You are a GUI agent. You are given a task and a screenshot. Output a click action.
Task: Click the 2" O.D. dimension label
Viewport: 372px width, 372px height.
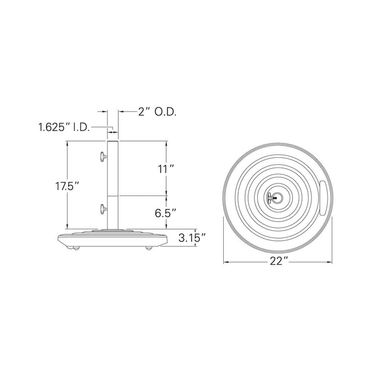tap(157, 112)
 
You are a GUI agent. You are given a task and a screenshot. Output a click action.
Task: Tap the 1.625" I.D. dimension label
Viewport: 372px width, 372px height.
tap(63, 128)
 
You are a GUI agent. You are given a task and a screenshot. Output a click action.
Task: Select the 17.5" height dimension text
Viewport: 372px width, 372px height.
tap(67, 187)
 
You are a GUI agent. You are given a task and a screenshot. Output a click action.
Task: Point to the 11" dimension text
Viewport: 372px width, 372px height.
tap(166, 170)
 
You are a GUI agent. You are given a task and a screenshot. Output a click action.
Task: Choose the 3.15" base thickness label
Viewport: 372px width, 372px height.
tap(192, 239)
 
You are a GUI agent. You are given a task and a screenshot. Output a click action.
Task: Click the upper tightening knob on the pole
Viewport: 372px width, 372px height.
tap(102, 156)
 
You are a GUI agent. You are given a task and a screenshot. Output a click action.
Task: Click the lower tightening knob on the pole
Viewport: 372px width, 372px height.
tap(102, 208)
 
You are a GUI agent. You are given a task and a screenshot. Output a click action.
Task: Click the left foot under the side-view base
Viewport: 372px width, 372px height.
tap(76, 248)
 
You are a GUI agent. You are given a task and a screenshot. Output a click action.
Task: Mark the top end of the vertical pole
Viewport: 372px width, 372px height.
tap(113, 141)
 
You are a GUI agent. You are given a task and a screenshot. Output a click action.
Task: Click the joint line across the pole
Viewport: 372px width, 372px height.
tap(113, 196)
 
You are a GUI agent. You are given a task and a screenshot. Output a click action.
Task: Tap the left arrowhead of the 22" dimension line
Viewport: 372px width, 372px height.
tap(225, 261)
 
